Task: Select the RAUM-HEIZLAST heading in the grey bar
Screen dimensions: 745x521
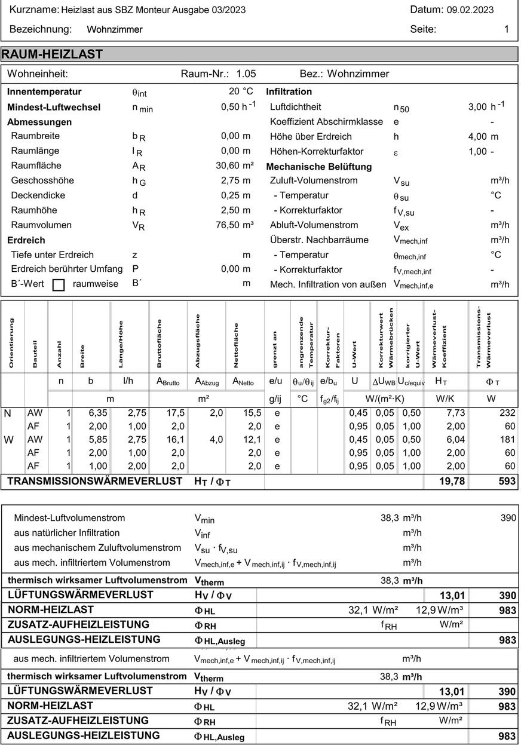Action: click(53, 54)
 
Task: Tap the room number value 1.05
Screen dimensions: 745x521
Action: click(246, 74)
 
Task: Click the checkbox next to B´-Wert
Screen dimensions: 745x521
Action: click(59, 285)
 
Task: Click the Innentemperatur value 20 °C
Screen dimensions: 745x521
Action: click(241, 91)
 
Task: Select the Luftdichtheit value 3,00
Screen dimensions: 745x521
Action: click(478, 106)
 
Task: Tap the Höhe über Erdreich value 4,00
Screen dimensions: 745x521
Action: click(478, 136)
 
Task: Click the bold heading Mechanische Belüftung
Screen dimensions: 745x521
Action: click(318, 166)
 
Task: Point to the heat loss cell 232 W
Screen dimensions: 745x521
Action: click(507, 413)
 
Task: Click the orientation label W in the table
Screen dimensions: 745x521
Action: click(8, 440)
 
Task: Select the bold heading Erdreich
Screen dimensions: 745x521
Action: click(26, 240)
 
